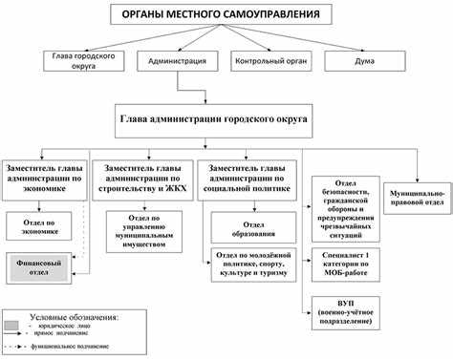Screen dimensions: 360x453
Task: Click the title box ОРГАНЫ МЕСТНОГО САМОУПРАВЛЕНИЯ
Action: click(226, 15)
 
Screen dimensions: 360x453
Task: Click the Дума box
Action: click(365, 61)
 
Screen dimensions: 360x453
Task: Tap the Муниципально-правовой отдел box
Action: click(417, 194)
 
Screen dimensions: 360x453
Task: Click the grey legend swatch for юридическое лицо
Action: click(13, 326)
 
